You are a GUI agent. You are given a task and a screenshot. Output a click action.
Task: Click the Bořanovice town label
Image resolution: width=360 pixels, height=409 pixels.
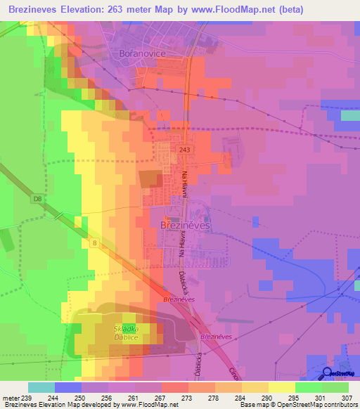pyautogui.click(x=141, y=53)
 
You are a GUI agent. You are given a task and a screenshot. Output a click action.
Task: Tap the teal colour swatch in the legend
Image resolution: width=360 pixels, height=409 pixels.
pyautogui.click(x=41, y=387)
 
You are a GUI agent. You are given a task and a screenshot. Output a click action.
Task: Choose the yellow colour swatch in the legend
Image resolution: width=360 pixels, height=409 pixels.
pyautogui.click(x=282, y=387)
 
